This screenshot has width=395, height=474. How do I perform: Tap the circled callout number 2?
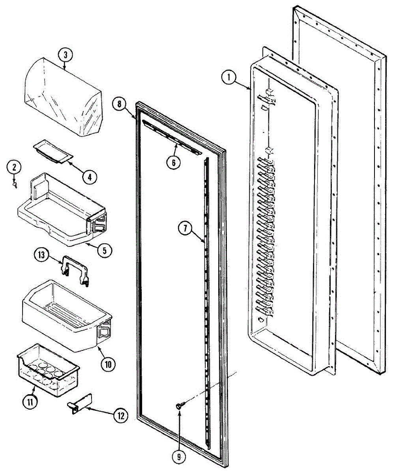pos(15,167)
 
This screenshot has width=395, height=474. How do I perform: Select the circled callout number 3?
pos(66,56)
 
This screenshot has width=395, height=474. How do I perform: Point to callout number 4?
pos(90,177)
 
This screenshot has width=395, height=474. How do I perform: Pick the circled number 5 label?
pos(105,250)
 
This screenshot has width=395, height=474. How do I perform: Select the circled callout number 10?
pos(108,364)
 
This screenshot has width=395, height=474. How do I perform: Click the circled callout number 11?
pos(32,402)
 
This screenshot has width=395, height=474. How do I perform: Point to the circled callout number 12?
pos(120,415)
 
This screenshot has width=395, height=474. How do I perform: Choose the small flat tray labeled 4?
pos(52,151)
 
